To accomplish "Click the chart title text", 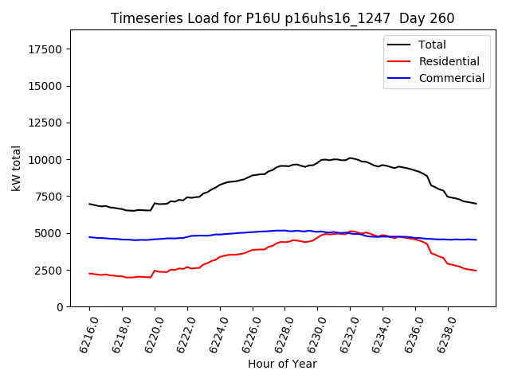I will pos(282,18).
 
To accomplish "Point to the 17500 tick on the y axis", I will pos(45,49).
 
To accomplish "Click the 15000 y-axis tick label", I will pos(45,86).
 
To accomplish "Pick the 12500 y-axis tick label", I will pos(45,123).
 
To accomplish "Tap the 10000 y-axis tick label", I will pos(45,160).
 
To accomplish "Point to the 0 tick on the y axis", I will pos(61,307).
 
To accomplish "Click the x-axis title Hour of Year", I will pos(282,364).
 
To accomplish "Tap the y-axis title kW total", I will pos(16,169).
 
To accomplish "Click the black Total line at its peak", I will pos(350,158).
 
